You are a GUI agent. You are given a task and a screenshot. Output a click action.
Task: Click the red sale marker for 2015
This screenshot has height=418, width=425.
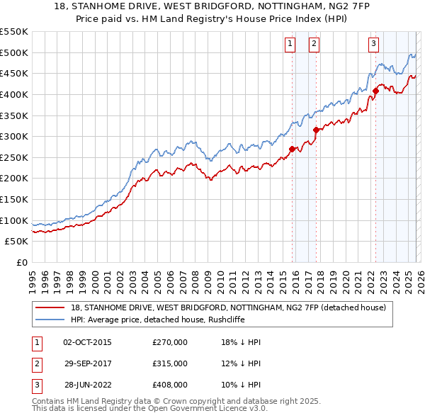[292, 149]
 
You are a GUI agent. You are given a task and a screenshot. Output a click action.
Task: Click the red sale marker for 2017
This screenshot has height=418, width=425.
[317, 130]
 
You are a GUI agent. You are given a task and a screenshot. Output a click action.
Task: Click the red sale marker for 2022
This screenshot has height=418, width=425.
[376, 90]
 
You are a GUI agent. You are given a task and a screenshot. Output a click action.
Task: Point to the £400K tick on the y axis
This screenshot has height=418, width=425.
[14, 94]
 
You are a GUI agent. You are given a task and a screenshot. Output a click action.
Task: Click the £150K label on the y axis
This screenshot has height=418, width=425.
[14, 199]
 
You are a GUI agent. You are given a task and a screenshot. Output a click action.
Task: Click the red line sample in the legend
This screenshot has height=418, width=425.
[50, 307]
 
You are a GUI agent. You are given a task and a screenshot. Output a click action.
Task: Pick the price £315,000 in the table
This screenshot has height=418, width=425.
[170, 363]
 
